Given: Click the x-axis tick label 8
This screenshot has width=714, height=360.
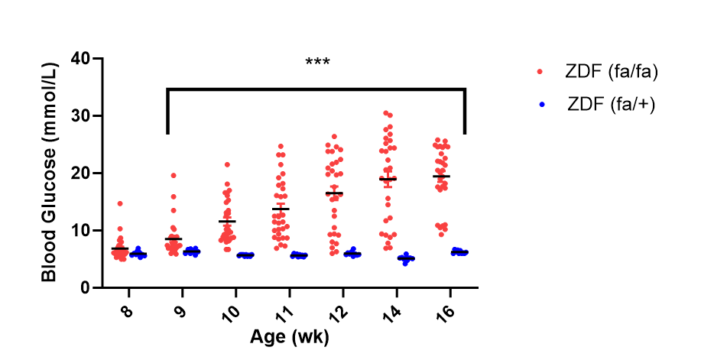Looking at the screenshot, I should click(x=125, y=311).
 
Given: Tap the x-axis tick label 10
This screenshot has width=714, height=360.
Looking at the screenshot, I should click(x=229, y=313).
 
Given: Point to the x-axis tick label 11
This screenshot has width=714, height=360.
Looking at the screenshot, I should click(x=284, y=313).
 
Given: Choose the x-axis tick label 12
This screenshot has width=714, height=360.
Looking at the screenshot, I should click(x=337, y=313).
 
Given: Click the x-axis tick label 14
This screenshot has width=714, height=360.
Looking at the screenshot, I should click(x=391, y=313).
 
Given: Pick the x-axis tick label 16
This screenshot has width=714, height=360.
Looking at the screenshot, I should click(x=444, y=313).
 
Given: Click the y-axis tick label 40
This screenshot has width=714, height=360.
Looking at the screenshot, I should click(x=81, y=59).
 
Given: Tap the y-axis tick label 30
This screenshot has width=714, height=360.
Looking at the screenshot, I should click(x=81, y=116).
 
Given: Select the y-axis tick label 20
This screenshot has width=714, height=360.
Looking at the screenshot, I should click(x=81, y=174).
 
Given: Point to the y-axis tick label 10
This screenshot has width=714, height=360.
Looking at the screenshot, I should click(x=81, y=231).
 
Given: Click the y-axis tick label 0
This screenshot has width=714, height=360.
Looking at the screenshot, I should click(x=86, y=288).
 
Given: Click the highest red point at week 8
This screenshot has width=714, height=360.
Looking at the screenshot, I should click(x=119, y=203).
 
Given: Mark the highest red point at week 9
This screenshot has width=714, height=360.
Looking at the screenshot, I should click(x=174, y=176).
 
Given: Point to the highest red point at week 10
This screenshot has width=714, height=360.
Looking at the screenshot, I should click(x=227, y=164).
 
